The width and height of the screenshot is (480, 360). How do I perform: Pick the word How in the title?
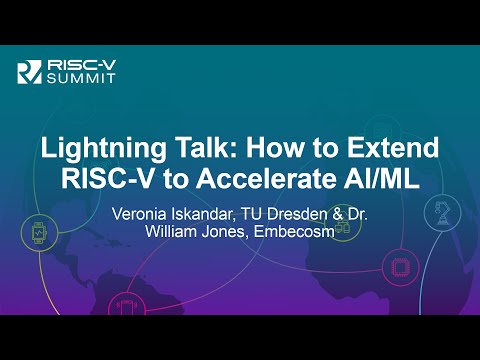(277, 152)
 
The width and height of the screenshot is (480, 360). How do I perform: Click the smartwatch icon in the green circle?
(38, 233)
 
